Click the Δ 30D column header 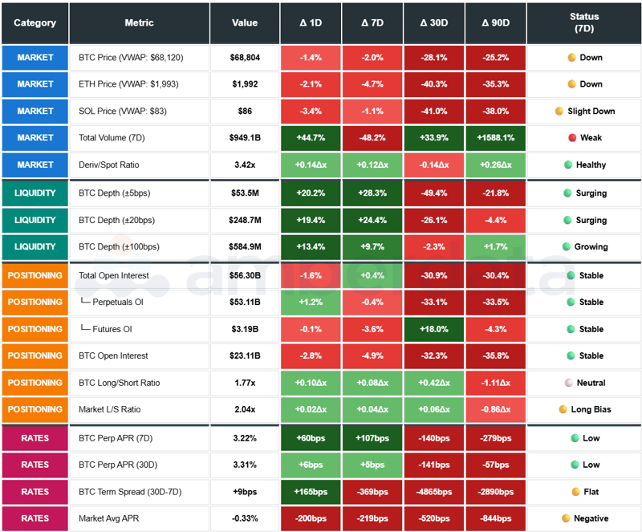point(434,22)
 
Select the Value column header point(245,22)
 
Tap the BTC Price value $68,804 point(245,58)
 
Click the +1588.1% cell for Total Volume point(496,138)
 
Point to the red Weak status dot point(572,138)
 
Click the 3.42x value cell point(245,164)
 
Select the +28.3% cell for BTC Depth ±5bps point(372,193)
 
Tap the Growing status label point(591,247)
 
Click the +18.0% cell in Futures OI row point(434,329)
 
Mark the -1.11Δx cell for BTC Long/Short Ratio point(496,383)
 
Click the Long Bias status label point(591,409)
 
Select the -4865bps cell point(434,491)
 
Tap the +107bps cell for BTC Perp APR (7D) point(372,438)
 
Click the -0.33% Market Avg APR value point(245,518)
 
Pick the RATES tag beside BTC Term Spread point(35,491)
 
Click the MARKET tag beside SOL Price point(35,111)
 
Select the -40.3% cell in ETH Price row point(434,84)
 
